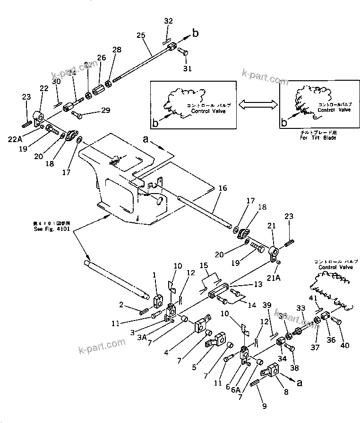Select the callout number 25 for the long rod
[141, 36]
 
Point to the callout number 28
[116, 50]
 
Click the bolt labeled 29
[77, 114]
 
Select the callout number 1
[154, 275]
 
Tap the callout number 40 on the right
[344, 345]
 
